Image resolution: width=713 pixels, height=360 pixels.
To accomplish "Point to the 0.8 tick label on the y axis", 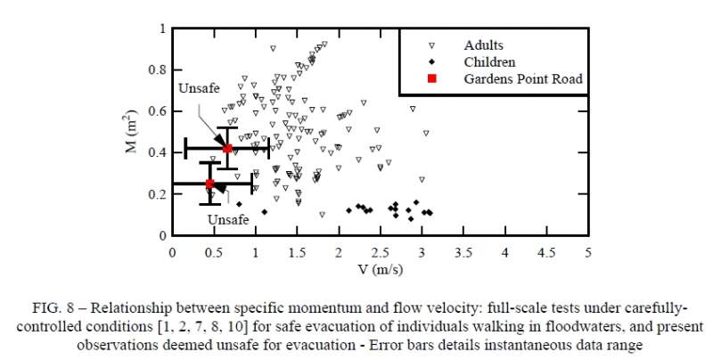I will tap(157, 70).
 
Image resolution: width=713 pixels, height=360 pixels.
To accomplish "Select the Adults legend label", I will tap(484, 45).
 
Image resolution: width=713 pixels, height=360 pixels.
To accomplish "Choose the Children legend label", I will tap(489, 62).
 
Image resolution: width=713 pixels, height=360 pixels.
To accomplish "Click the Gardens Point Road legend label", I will tap(522, 79).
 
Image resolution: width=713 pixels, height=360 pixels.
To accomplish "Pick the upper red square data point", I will tap(227, 148).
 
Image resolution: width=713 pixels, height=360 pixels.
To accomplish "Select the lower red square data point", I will tap(210, 184).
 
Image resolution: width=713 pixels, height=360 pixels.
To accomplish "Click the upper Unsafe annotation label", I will tap(197, 89).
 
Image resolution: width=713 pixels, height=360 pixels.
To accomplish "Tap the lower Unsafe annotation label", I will tap(228, 219).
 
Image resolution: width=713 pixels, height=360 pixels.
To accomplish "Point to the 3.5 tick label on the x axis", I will tap(463, 252).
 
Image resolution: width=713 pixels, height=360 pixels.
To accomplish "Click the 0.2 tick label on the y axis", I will tap(157, 194).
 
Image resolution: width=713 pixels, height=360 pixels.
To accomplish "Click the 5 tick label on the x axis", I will tap(588, 252).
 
